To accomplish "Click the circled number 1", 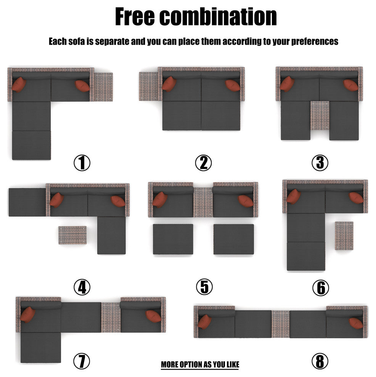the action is click(82, 163).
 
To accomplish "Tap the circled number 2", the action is click(203, 163).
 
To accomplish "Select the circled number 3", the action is click(320, 163).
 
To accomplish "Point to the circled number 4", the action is click(82, 287).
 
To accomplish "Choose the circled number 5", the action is click(204, 287).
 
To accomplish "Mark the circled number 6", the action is click(321, 288).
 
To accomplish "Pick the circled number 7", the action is click(82, 361).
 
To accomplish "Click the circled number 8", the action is click(320, 361).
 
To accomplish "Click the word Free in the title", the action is click(135, 16).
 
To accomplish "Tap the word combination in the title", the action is click(219, 16).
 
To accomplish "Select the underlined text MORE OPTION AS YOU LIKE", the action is click(200, 364).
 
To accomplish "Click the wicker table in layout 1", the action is click(103, 87).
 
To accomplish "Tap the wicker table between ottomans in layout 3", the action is click(320, 116).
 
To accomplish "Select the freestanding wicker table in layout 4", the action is click(72, 235).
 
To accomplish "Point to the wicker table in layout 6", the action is click(344, 236).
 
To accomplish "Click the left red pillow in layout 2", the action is click(169, 84).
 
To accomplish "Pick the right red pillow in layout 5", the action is click(246, 201).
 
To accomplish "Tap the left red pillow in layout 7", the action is click(28, 314).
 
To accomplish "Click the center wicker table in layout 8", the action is click(280, 324).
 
